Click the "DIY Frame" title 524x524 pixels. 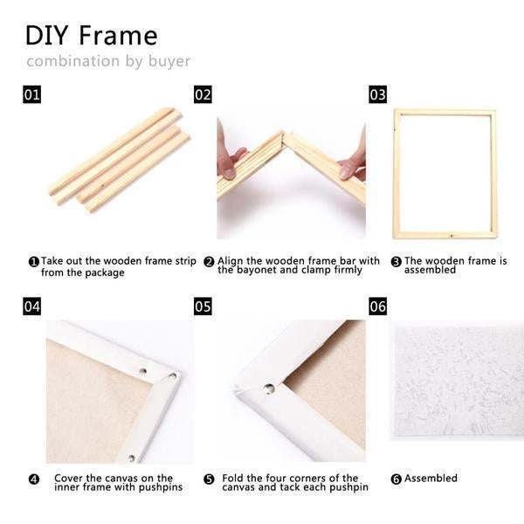(91, 36)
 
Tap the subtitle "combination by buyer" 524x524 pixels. (108, 61)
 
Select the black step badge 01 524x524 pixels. (32, 94)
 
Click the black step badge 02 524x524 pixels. (203, 94)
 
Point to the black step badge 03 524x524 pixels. (378, 94)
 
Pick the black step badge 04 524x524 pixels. (32, 307)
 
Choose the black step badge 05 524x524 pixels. (203, 307)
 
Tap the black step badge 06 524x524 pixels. (378, 307)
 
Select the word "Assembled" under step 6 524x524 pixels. (431, 479)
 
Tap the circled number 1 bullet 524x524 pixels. (34, 262)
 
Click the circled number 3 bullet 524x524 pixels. (396, 262)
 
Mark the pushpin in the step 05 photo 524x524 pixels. (269, 389)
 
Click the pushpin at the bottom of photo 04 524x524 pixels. (132, 458)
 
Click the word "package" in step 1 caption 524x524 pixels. (104, 273)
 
